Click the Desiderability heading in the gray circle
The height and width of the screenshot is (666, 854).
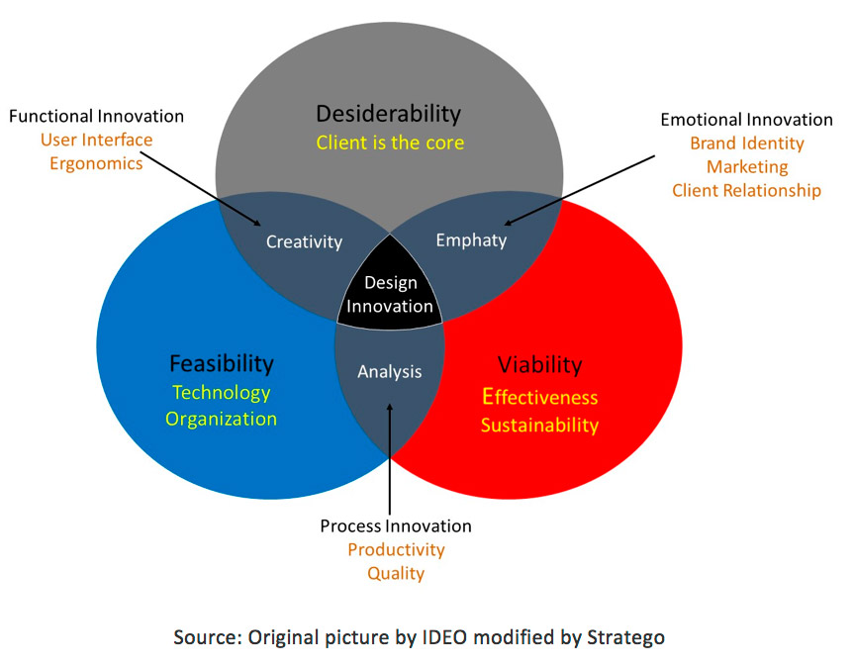388,114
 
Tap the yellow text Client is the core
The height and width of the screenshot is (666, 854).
390,143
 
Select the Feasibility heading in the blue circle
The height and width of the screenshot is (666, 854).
221,364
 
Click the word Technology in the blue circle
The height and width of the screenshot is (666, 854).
221,393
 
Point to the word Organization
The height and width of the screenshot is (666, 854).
221,419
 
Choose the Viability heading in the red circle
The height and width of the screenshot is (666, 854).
539,365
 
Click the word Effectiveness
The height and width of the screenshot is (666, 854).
539,397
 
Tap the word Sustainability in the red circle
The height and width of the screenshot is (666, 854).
539,426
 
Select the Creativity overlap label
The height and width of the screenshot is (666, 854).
304,242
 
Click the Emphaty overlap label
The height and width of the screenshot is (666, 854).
471,240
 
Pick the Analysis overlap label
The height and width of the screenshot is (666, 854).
390,372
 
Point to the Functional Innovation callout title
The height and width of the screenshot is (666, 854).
96,116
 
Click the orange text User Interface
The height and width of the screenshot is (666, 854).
96,140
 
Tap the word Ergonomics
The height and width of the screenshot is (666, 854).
96,164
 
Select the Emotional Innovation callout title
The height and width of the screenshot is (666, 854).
747,120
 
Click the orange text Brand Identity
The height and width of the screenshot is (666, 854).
747,143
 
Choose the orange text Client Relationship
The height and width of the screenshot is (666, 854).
747,191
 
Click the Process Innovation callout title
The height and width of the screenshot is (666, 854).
396,526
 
